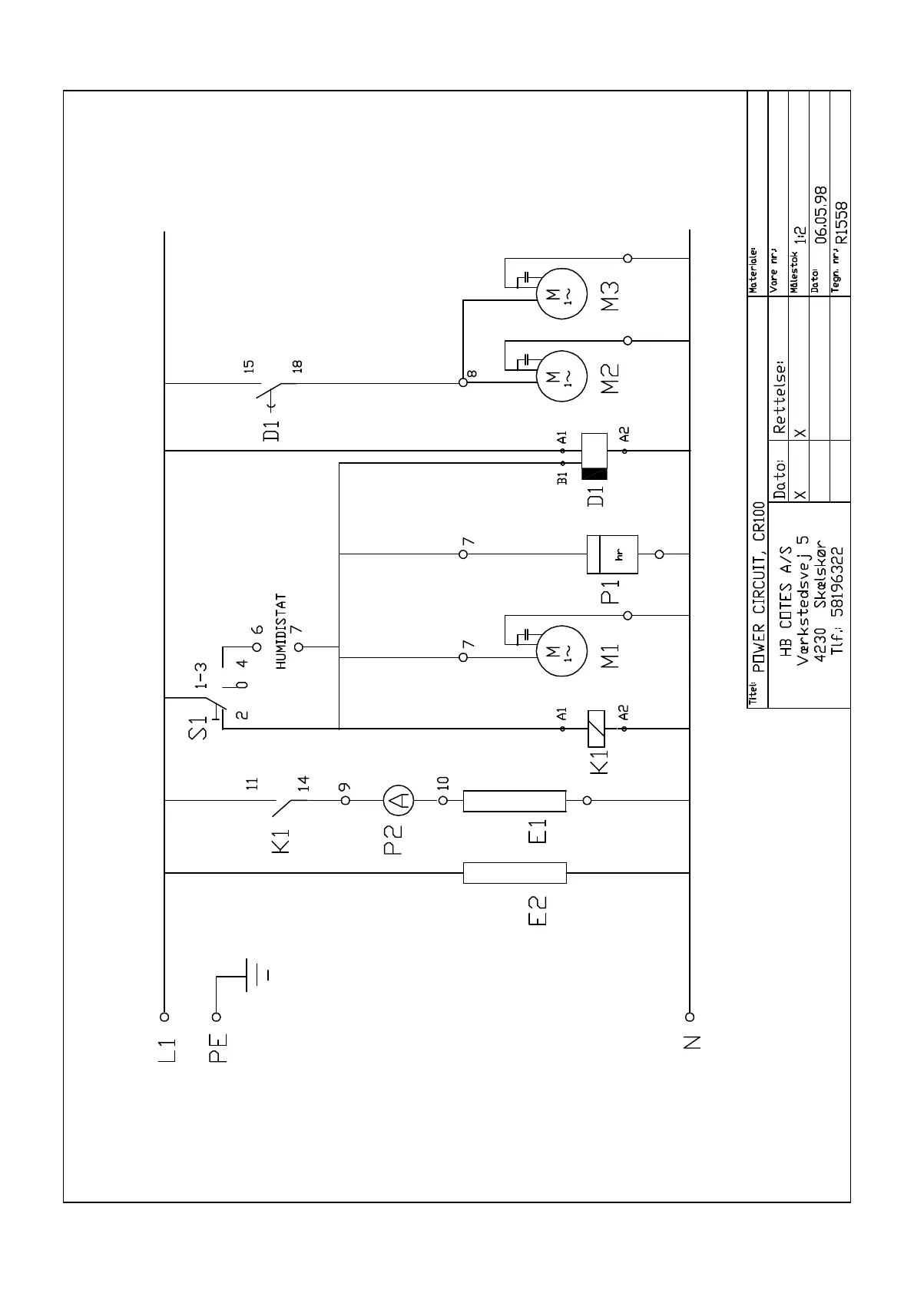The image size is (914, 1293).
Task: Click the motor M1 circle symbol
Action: (560, 653)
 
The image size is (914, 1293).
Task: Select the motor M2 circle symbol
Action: (560, 376)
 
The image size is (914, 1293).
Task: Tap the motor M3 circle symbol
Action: (560, 293)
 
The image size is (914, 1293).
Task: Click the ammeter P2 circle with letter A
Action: (399, 800)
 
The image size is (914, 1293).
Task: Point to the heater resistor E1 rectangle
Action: (515, 800)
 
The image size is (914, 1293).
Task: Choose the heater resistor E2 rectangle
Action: (515, 873)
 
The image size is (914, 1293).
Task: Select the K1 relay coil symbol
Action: (595, 728)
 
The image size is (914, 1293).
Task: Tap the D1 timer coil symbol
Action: (595, 457)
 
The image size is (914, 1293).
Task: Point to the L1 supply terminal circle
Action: (164, 1017)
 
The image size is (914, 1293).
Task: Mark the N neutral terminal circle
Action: (690, 1017)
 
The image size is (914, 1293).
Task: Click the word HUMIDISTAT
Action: (282, 631)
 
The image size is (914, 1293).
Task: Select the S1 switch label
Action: (198, 727)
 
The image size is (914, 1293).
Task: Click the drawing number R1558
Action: (842, 222)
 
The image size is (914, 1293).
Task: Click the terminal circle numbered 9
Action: (346, 800)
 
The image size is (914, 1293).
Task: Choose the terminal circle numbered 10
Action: (443, 800)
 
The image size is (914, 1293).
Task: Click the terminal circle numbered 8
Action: (463, 382)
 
